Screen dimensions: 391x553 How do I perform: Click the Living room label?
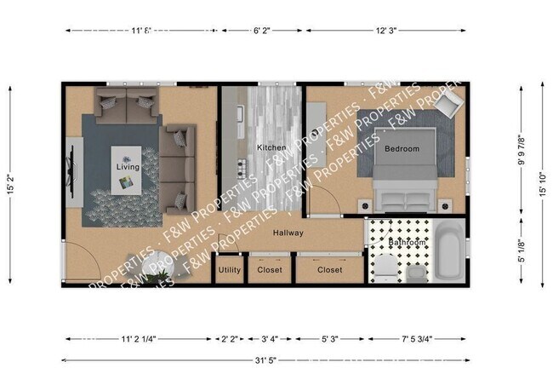(x=128, y=167)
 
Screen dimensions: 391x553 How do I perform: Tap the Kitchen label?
(x=272, y=147)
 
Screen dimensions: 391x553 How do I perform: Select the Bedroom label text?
(x=402, y=149)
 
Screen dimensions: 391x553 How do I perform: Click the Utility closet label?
(x=230, y=270)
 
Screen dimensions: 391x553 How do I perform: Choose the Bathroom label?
(x=407, y=243)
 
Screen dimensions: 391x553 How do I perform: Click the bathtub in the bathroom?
(x=448, y=251)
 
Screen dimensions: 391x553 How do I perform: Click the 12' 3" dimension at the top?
(x=386, y=31)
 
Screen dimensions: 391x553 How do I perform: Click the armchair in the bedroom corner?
(x=449, y=105)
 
